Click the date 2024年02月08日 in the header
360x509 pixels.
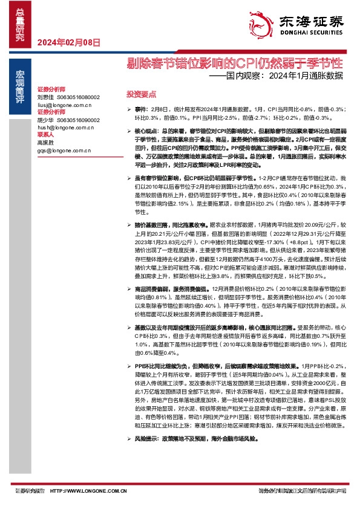point(68,42)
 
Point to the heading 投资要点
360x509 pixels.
point(140,95)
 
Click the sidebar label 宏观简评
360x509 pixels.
point(19,81)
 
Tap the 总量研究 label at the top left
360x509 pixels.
point(19,22)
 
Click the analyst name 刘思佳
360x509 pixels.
point(45,97)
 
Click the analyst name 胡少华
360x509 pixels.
point(45,120)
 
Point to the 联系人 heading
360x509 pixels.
point(45,135)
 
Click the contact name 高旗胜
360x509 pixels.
point(45,143)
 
